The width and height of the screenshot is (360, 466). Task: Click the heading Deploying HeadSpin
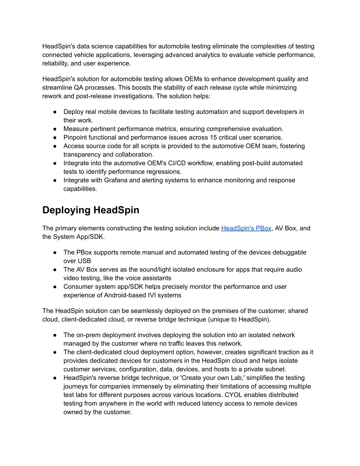click(x=91, y=210)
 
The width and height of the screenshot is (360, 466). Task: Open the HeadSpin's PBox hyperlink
click(x=246, y=228)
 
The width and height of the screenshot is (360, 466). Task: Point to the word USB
click(x=84, y=261)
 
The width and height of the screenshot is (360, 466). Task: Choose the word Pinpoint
click(x=75, y=138)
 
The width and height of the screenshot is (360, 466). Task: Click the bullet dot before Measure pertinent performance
click(x=55, y=129)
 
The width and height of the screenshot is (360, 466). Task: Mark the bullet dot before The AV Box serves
click(x=55, y=270)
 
